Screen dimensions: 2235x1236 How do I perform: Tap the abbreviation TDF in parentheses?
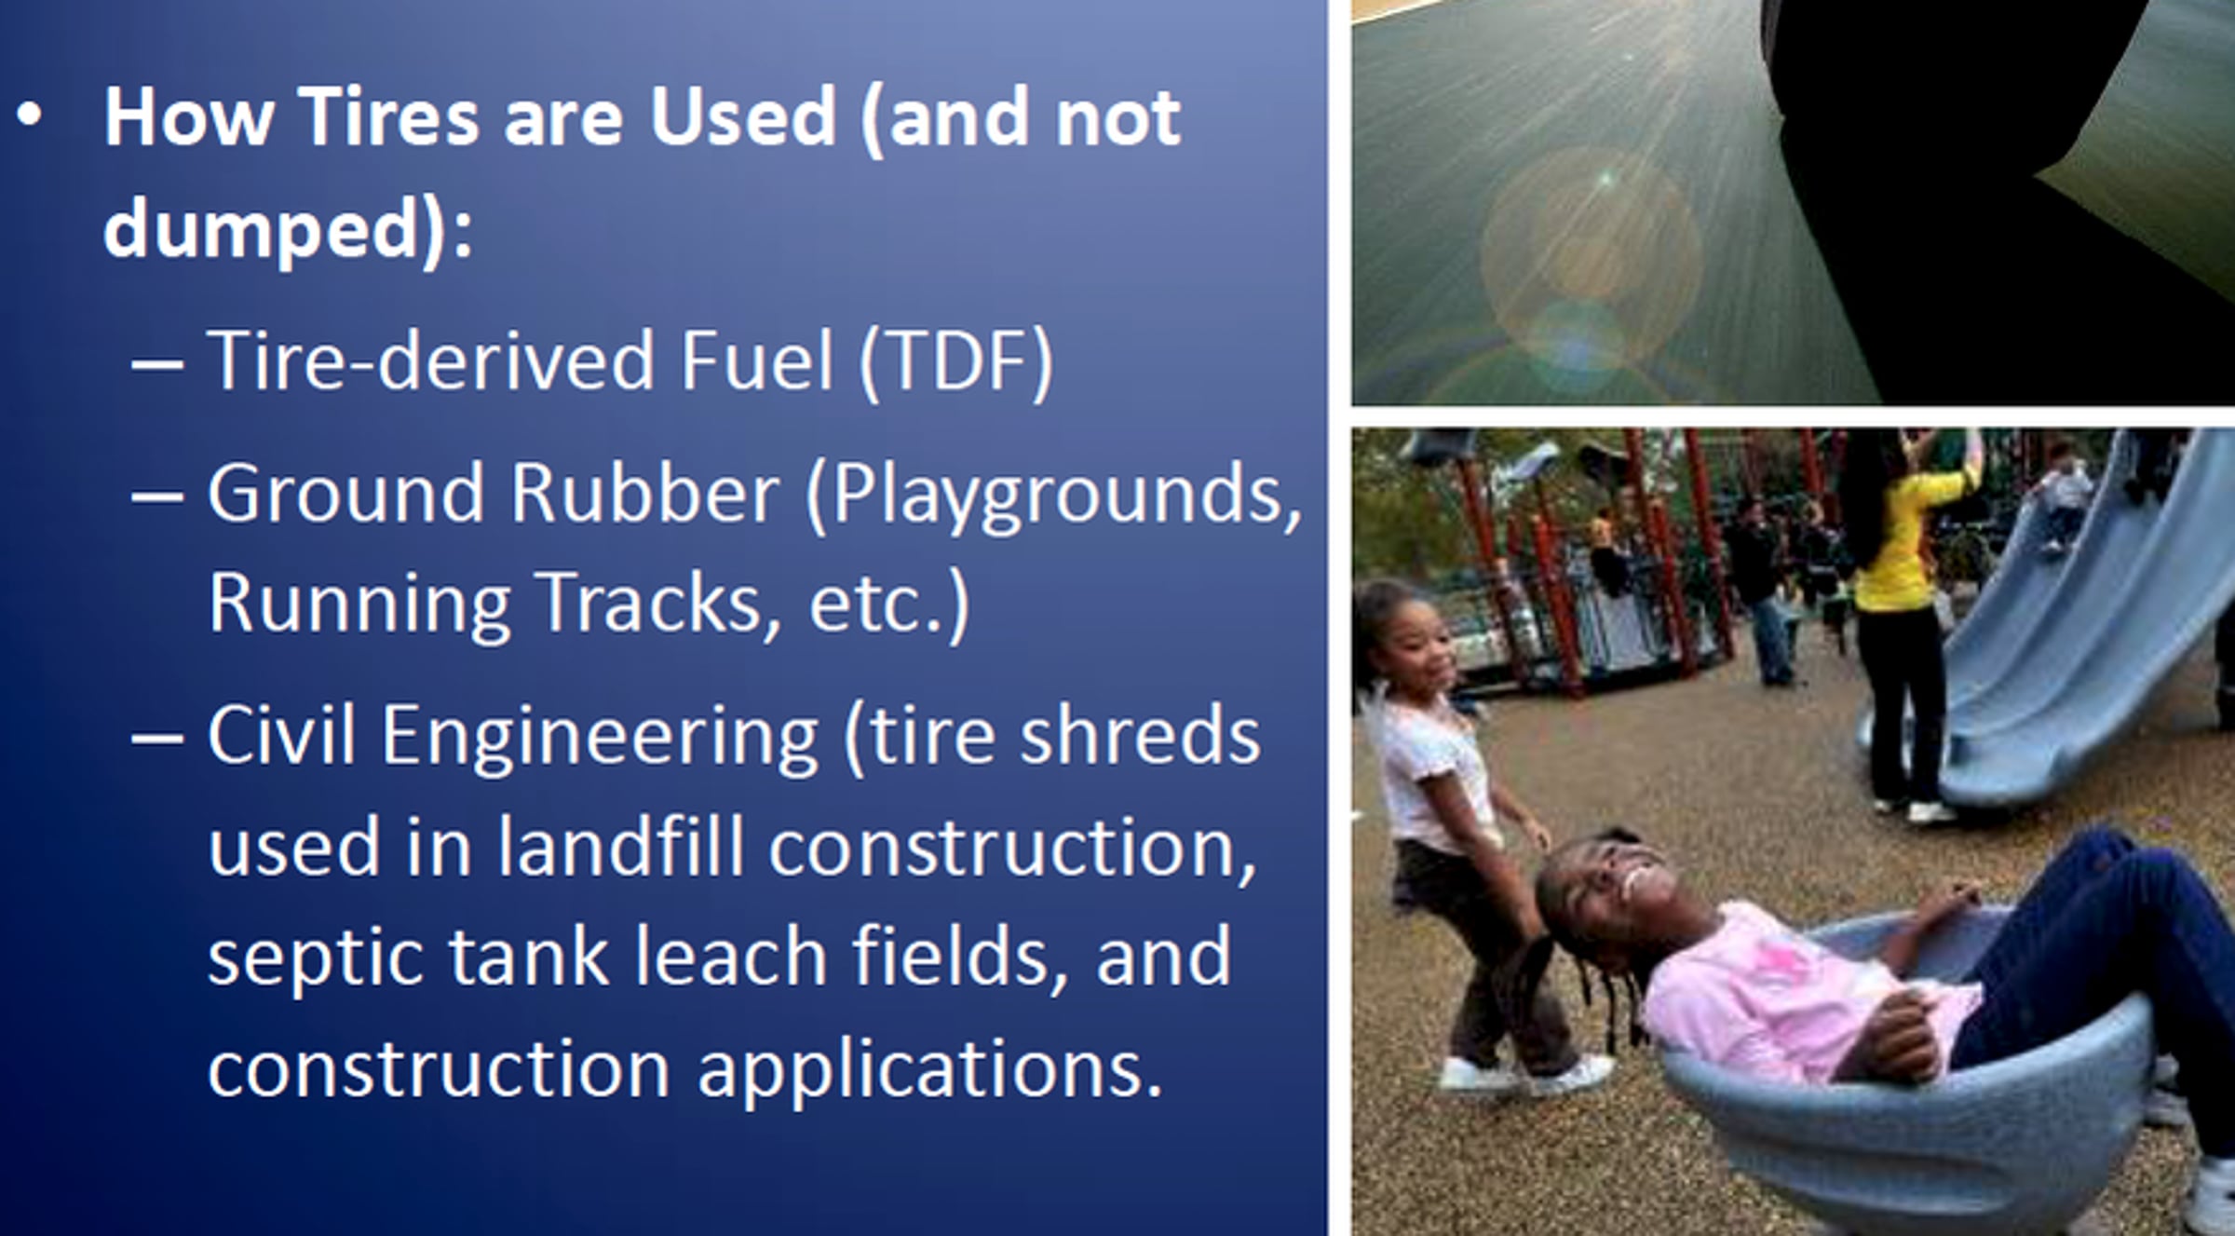[x=956, y=360]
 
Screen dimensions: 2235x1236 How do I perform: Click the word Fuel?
[x=756, y=360]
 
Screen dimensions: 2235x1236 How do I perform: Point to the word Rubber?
[x=644, y=492]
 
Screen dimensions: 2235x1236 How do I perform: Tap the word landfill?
[x=619, y=846]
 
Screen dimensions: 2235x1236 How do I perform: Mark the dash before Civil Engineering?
[x=157, y=739]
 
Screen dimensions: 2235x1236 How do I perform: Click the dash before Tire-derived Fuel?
[x=157, y=364]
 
